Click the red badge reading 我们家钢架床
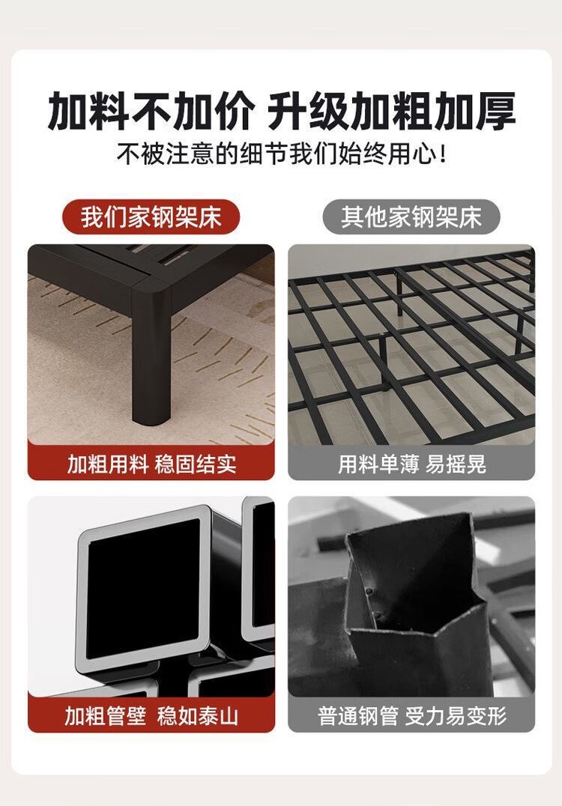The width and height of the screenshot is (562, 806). pyautogui.click(x=151, y=217)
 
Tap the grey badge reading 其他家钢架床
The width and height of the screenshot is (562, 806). pyautogui.click(x=411, y=217)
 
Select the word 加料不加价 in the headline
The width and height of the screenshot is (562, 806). pyautogui.click(x=151, y=111)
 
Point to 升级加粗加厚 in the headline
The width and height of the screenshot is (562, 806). pyautogui.click(x=392, y=111)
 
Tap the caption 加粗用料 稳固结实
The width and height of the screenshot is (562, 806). pyautogui.click(x=151, y=464)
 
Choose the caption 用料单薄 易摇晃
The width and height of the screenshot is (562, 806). pyautogui.click(x=412, y=464)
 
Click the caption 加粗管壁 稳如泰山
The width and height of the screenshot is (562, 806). pyautogui.click(x=151, y=715)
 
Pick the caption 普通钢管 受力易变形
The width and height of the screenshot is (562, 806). pyautogui.click(x=412, y=715)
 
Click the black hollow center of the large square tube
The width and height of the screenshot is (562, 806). pyautogui.click(x=143, y=588)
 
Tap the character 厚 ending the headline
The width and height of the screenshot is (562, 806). pyautogui.click(x=495, y=111)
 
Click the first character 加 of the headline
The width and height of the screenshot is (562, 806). pyautogui.click(x=68, y=111)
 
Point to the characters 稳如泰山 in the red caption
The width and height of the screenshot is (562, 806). pyautogui.click(x=198, y=715)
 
